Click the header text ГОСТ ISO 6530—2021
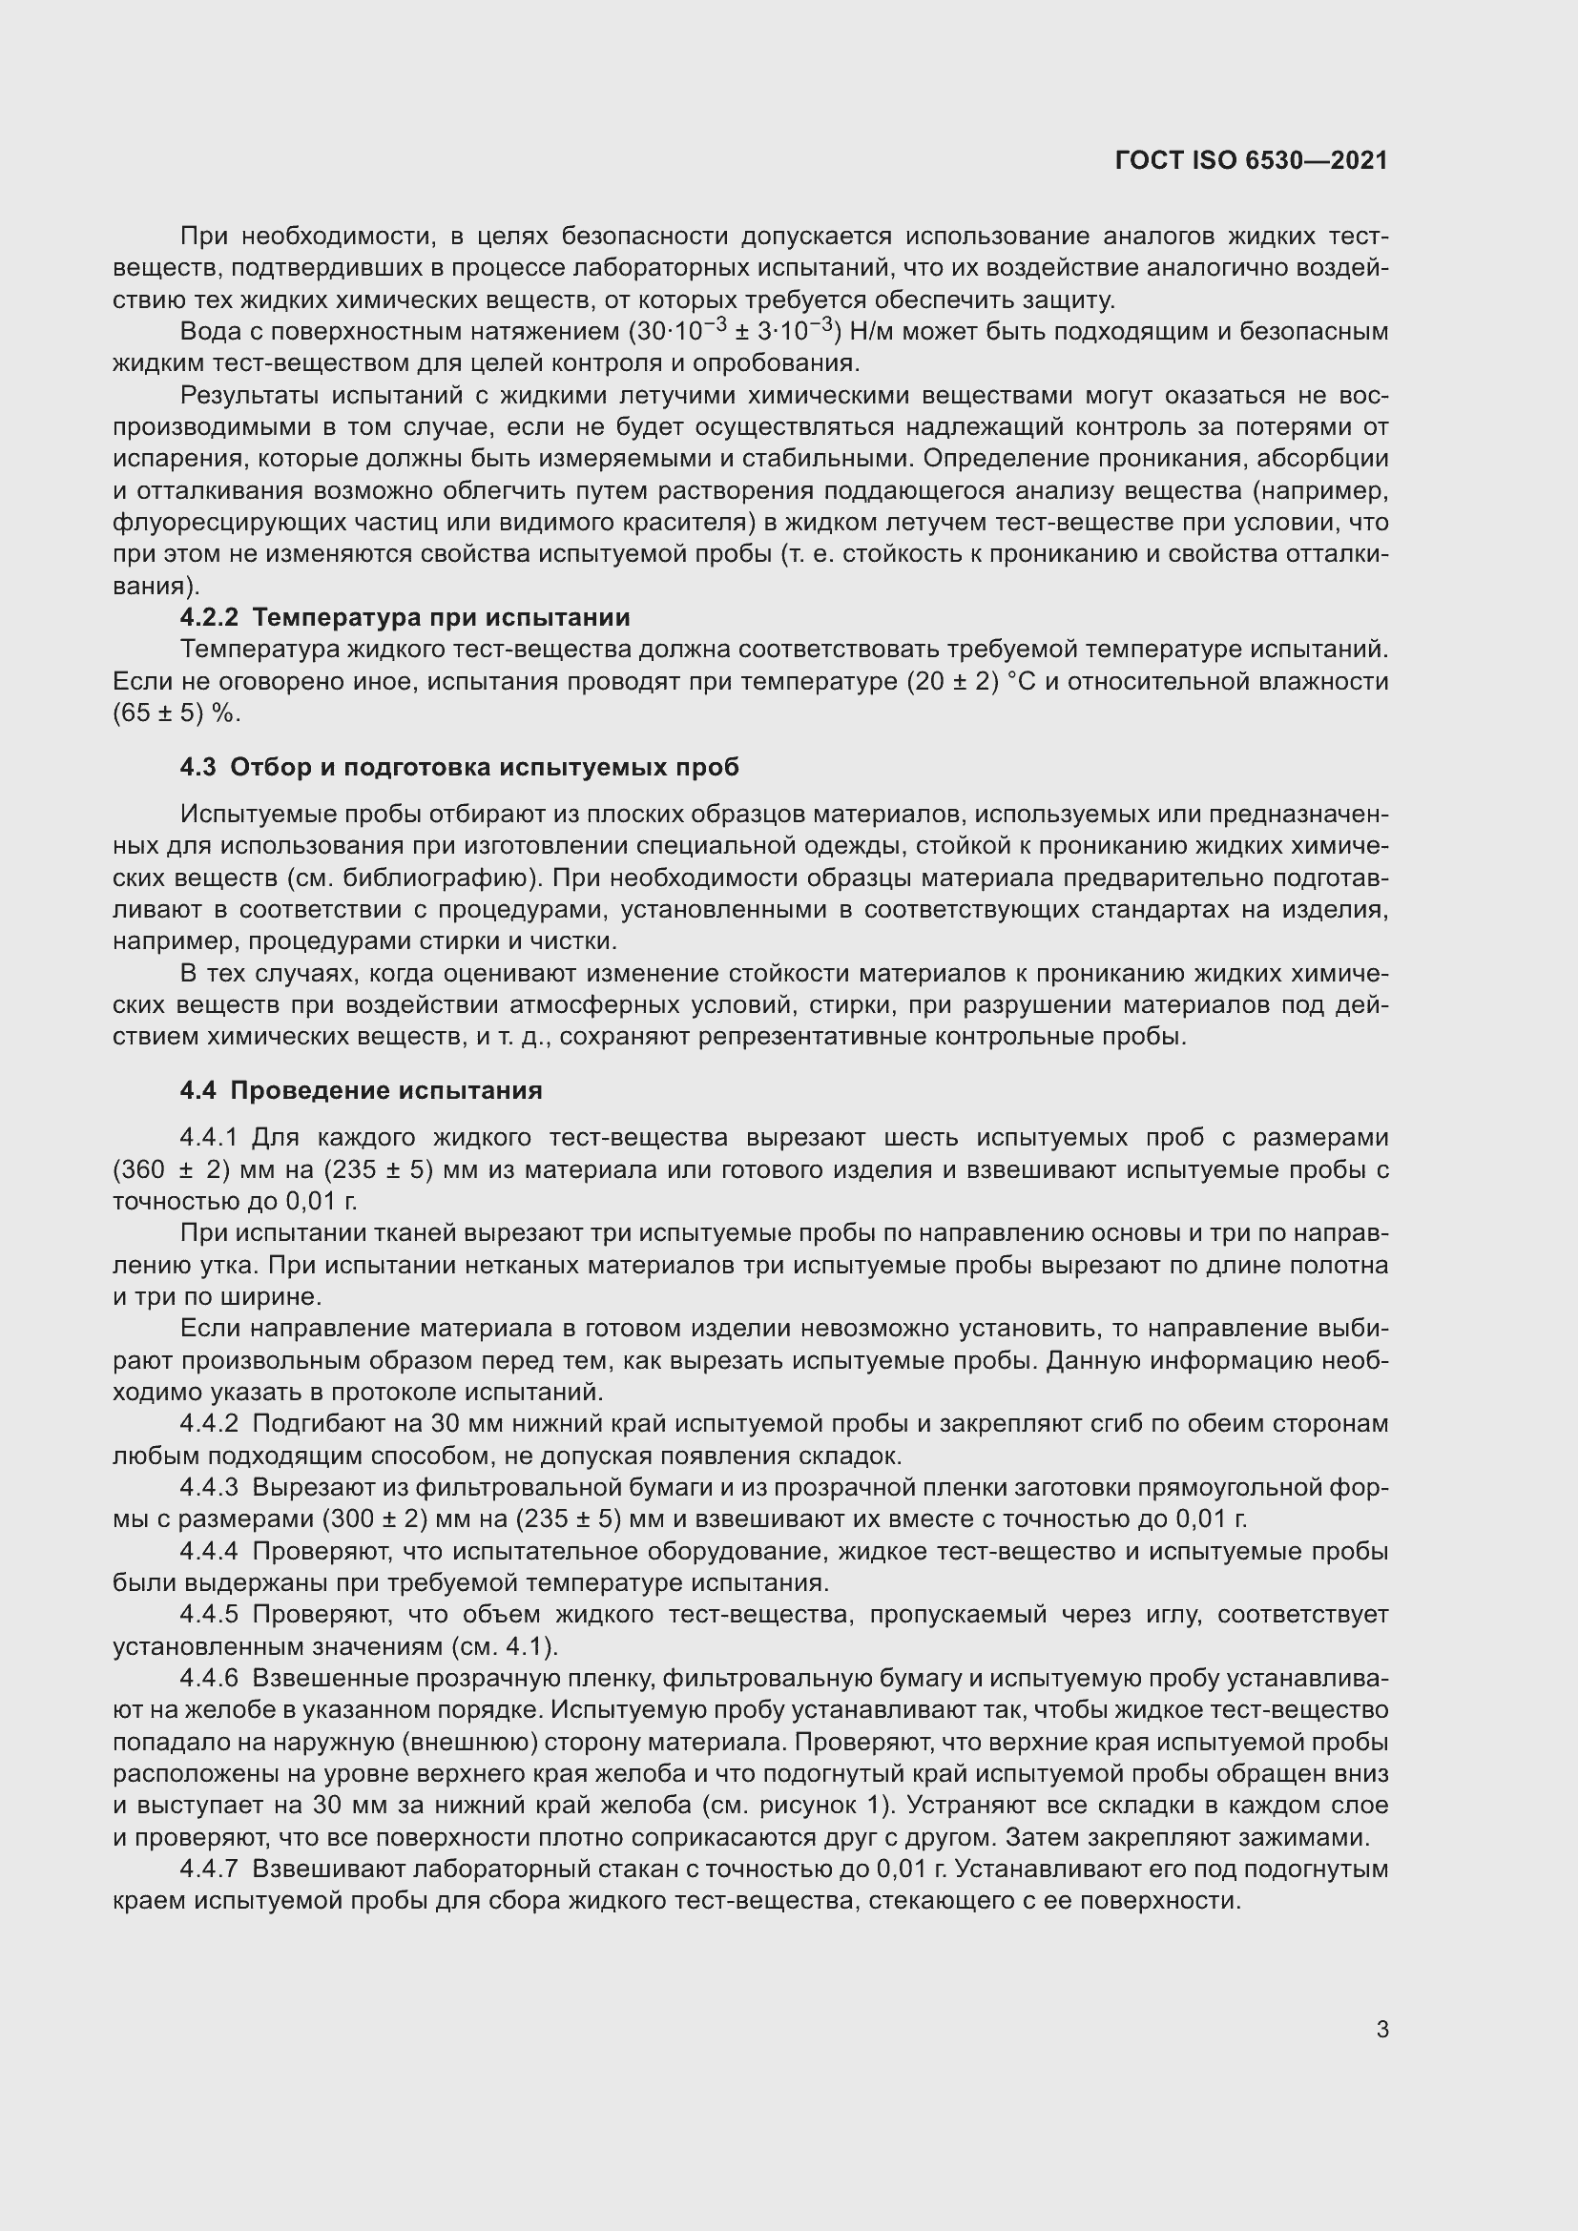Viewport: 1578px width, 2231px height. pyautogui.click(x=1252, y=161)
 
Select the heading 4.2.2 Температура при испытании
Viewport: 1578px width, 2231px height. pyautogui.click(x=405, y=617)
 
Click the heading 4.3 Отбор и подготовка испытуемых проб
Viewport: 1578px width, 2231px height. pyautogui.click(x=459, y=767)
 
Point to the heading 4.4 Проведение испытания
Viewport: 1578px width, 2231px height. pyautogui.click(x=361, y=1090)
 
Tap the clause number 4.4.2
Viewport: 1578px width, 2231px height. pyautogui.click(x=208, y=1423)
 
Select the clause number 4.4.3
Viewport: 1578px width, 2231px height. pyautogui.click(x=208, y=1488)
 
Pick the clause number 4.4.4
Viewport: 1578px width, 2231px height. pyautogui.click(x=208, y=1551)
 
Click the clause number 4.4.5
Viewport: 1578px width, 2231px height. pyautogui.click(x=208, y=1614)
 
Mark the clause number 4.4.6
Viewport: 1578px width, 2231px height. pyautogui.click(x=208, y=1678)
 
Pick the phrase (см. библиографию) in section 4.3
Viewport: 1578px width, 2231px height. pyautogui.click(x=413, y=878)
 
